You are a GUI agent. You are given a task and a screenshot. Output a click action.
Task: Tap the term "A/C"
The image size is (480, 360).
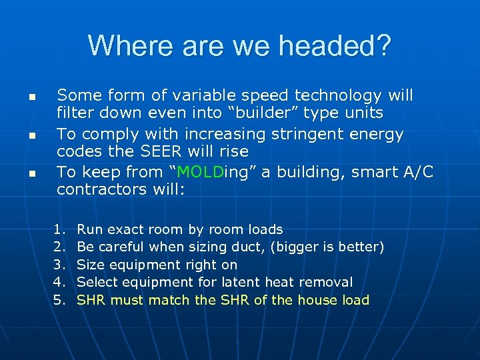[x=417, y=172]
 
